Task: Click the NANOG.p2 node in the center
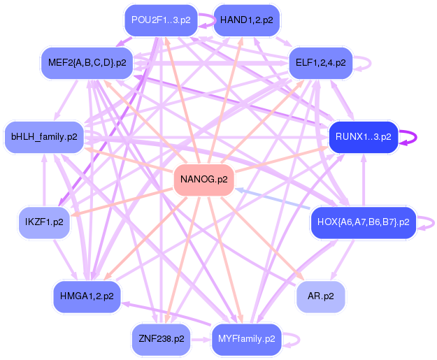tap(203, 180)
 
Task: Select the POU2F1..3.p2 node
tap(160, 20)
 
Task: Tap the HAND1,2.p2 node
tap(246, 20)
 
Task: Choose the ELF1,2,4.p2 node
tap(320, 63)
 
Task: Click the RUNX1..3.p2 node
tap(363, 136)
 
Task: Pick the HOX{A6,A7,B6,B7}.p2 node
tap(363, 222)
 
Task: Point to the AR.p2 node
tap(320, 296)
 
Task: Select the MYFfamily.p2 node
tap(246, 339)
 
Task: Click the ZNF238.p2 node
tap(160, 339)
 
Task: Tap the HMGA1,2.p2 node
tap(87, 296)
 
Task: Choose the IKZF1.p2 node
tap(43, 222)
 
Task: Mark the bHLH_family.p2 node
tap(43, 136)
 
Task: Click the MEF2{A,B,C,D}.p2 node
tap(87, 63)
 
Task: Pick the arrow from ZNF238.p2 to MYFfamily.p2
tap(201, 340)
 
